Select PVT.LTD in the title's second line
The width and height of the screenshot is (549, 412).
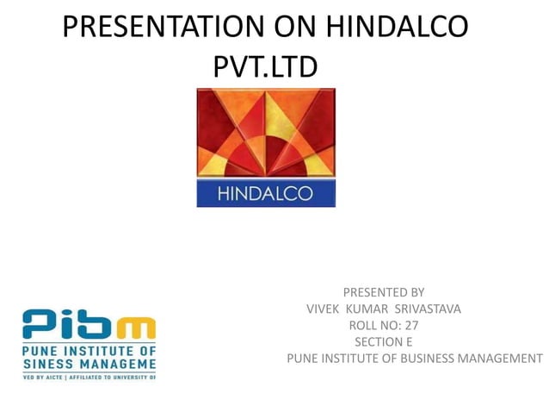click(265, 66)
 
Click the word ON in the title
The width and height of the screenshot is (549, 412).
click(295, 28)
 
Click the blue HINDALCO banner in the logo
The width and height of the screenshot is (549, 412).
click(265, 193)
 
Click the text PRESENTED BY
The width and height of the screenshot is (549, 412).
click(383, 292)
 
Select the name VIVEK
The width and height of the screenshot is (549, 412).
click(324, 309)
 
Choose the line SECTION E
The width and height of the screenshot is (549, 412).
click(383, 341)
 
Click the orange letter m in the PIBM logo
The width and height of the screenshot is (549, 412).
click(137, 328)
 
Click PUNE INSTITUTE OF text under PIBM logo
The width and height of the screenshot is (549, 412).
click(89, 352)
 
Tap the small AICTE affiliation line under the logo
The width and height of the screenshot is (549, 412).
click(89, 377)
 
